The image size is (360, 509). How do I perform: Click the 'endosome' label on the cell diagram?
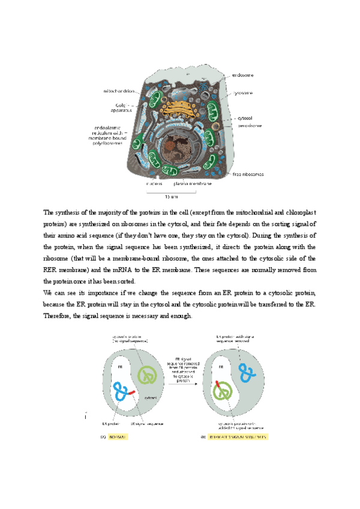coord(242,76)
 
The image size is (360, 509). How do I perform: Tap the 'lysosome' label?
coord(242,93)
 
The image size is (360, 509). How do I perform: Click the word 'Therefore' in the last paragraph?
coord(58,316)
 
